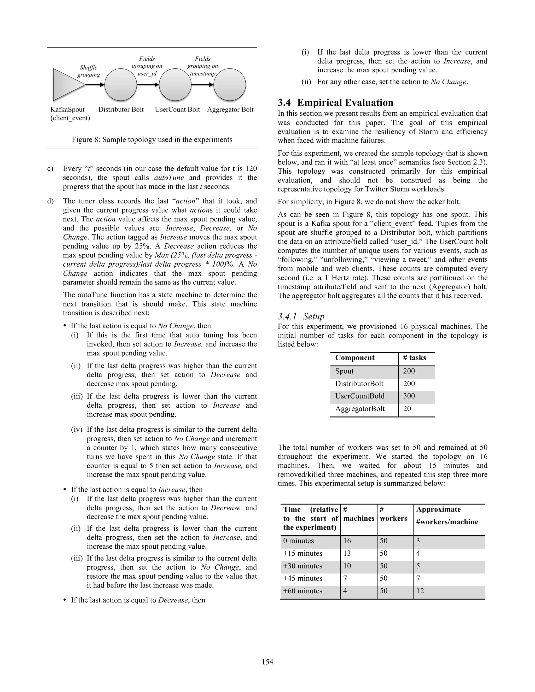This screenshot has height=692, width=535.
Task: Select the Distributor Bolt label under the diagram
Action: point(121,110)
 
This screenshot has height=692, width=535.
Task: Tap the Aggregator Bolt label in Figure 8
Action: point(230,110)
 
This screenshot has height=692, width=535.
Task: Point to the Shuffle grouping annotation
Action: point(89,71)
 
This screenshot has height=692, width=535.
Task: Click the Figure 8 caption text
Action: point(152,140)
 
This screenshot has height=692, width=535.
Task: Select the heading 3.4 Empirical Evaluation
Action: point(335,103)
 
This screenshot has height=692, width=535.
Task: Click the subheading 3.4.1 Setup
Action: point(301,316)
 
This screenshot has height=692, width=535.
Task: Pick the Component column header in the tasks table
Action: point(355,358)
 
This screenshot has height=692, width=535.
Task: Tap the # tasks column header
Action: point(414,358)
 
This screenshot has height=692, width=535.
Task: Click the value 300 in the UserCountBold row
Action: point(409,396)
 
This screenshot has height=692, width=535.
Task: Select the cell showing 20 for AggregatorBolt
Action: point(407,409)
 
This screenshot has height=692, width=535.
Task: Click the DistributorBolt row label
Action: point(359,384)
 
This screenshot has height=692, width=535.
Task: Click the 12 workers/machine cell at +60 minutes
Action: point(420,591)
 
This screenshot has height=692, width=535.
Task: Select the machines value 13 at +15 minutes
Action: point(347,554)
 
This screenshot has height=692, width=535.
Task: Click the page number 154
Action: point(267,662)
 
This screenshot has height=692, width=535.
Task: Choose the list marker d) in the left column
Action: point(50,201)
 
